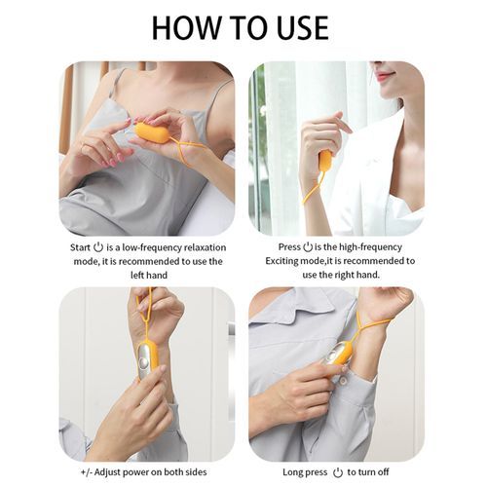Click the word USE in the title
click(302, 27)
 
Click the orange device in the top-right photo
click(325, 160)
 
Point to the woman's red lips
click(385, 76)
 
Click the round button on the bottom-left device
click(143, 361)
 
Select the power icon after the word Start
click(98, 247)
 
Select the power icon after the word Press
click(308, 247)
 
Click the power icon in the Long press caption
click(338, 472)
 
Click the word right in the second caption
click(343, 275)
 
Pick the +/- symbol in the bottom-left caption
click(87, 472)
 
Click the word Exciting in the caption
click(282, 261)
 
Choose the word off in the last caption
click(383, 471)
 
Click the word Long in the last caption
click(292, 472)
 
